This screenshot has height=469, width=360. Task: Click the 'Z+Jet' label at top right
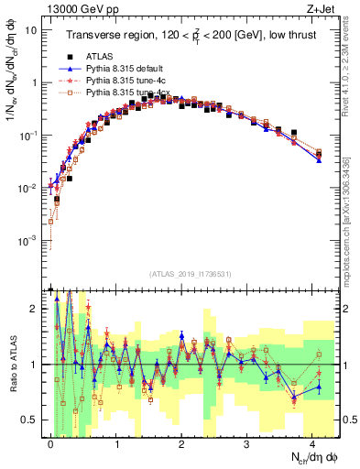point(322,8)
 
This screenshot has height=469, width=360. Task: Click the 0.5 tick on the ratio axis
point(30,420)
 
